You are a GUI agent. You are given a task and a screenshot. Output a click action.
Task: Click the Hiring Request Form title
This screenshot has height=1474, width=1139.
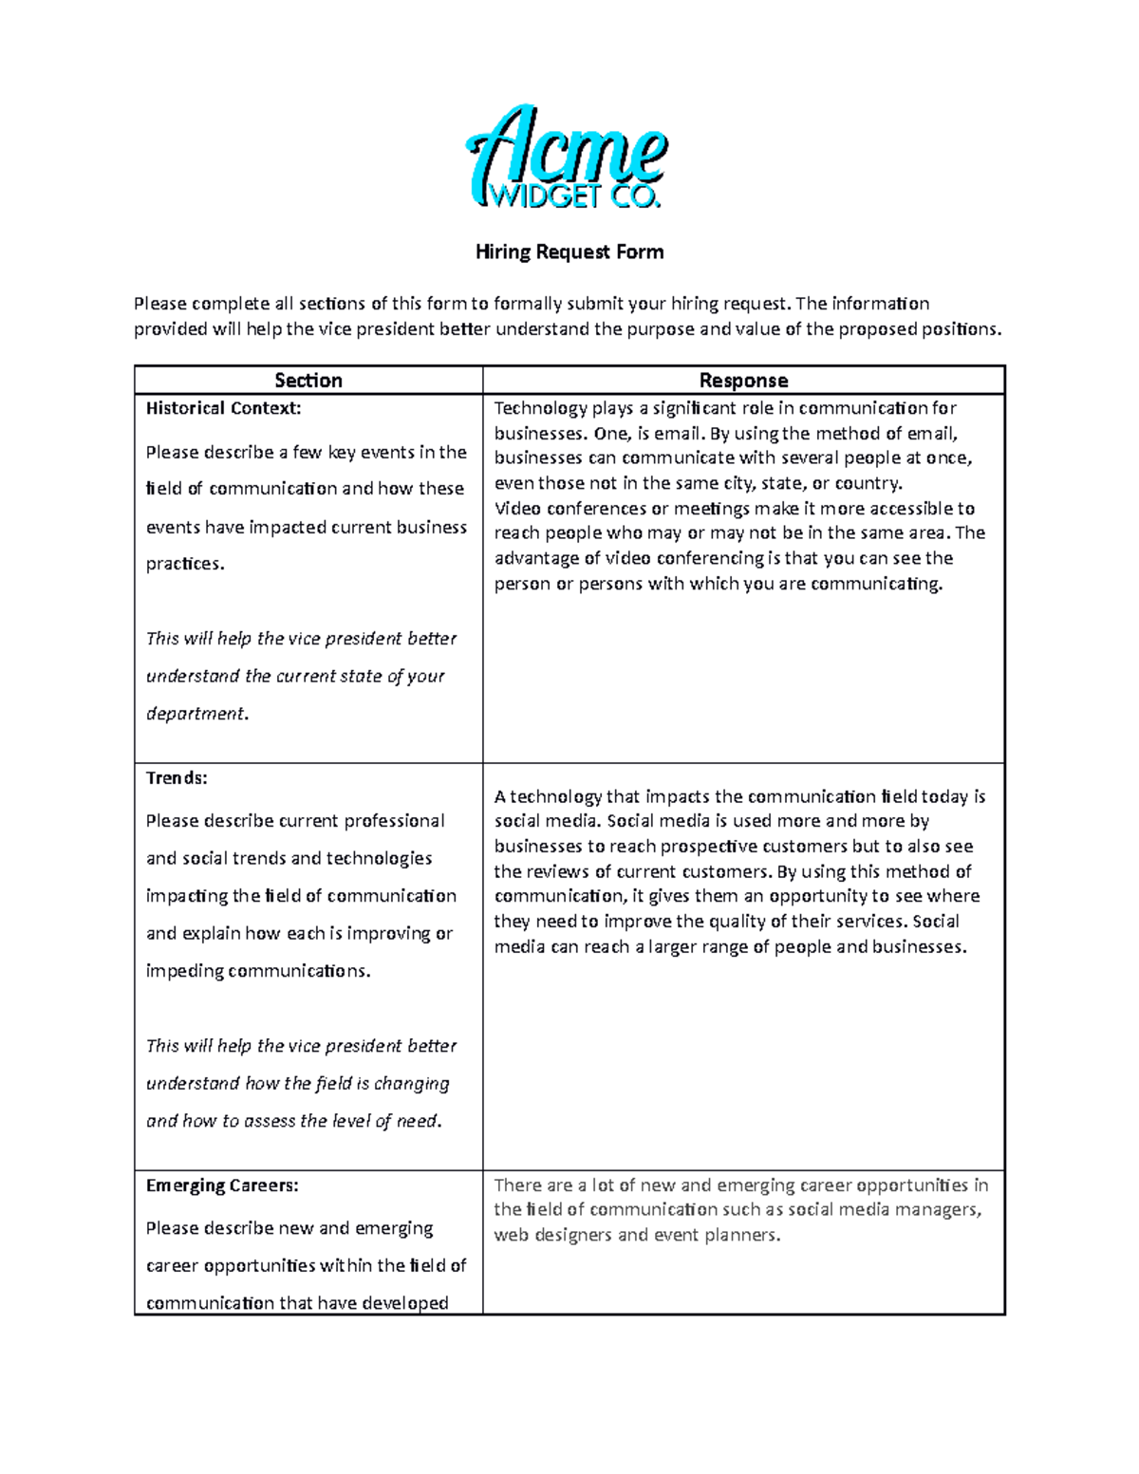(569, 252)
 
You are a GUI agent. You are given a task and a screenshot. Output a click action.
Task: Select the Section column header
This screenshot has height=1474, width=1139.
(308, 381)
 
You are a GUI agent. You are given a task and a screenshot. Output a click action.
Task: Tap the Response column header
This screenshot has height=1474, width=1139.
(743, 381)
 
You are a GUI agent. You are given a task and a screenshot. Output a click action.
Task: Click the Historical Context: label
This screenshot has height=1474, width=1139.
(223, 409)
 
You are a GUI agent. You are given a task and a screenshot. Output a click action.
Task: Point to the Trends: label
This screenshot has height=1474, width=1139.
(177, 778)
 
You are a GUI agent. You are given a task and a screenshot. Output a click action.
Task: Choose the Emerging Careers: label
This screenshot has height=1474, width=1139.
(222, 1185)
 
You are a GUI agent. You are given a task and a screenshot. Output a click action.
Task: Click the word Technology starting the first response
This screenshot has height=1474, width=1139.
(540, 409)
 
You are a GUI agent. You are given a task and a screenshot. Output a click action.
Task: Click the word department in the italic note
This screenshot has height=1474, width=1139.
(196, 714)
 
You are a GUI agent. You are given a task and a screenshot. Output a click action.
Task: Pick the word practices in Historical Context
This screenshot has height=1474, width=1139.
(183, 564)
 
